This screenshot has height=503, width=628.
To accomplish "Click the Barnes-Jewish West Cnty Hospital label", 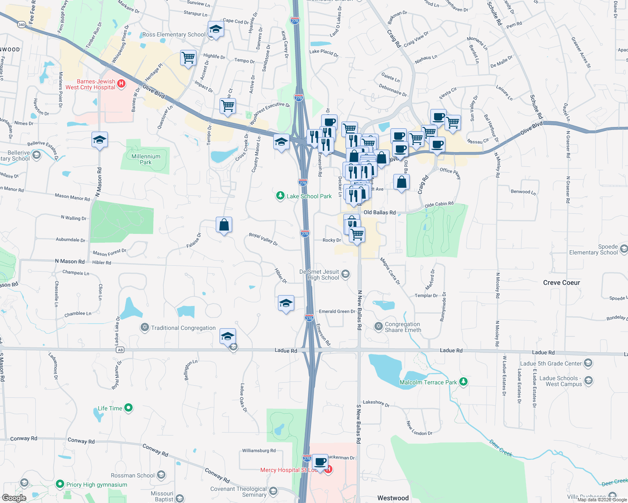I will point(90,84).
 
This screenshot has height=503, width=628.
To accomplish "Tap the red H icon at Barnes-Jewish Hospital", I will point(121,84).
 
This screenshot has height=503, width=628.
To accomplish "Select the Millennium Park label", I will point(146,159).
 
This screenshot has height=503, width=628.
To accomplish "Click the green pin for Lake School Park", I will point(280,196).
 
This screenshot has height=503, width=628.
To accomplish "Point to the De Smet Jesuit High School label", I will point(319,275).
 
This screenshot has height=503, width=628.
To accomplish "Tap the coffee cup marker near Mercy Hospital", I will point(320,462).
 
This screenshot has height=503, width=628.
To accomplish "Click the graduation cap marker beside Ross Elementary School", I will point(216,29).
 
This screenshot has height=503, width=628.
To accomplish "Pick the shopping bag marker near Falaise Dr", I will point(224,225).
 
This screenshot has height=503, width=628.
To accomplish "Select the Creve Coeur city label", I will point(561,283).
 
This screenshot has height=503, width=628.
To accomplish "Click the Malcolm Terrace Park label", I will point(428,382).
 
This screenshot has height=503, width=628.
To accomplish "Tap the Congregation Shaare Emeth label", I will point(402,327).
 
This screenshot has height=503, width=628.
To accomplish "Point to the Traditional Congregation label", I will point(183,328).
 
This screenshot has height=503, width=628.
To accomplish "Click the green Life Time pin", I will point(128,407).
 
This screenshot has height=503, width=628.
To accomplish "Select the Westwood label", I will point(392,498).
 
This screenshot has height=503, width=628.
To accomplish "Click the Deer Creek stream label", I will point(501,448).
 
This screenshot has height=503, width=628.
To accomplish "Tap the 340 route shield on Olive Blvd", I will point(21,25).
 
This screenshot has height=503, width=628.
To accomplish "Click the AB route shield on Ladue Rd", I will point(120,350).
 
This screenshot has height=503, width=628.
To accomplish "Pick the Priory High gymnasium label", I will point(97,485).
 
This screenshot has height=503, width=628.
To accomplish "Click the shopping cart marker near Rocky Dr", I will point(357,234).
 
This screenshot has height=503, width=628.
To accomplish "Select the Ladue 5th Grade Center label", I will point(551,363).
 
